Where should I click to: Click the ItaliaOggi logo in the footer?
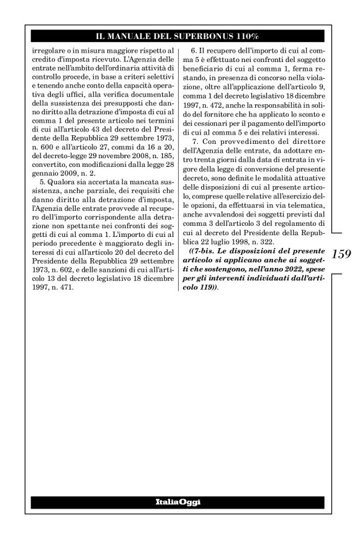(x=178, y=501)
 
